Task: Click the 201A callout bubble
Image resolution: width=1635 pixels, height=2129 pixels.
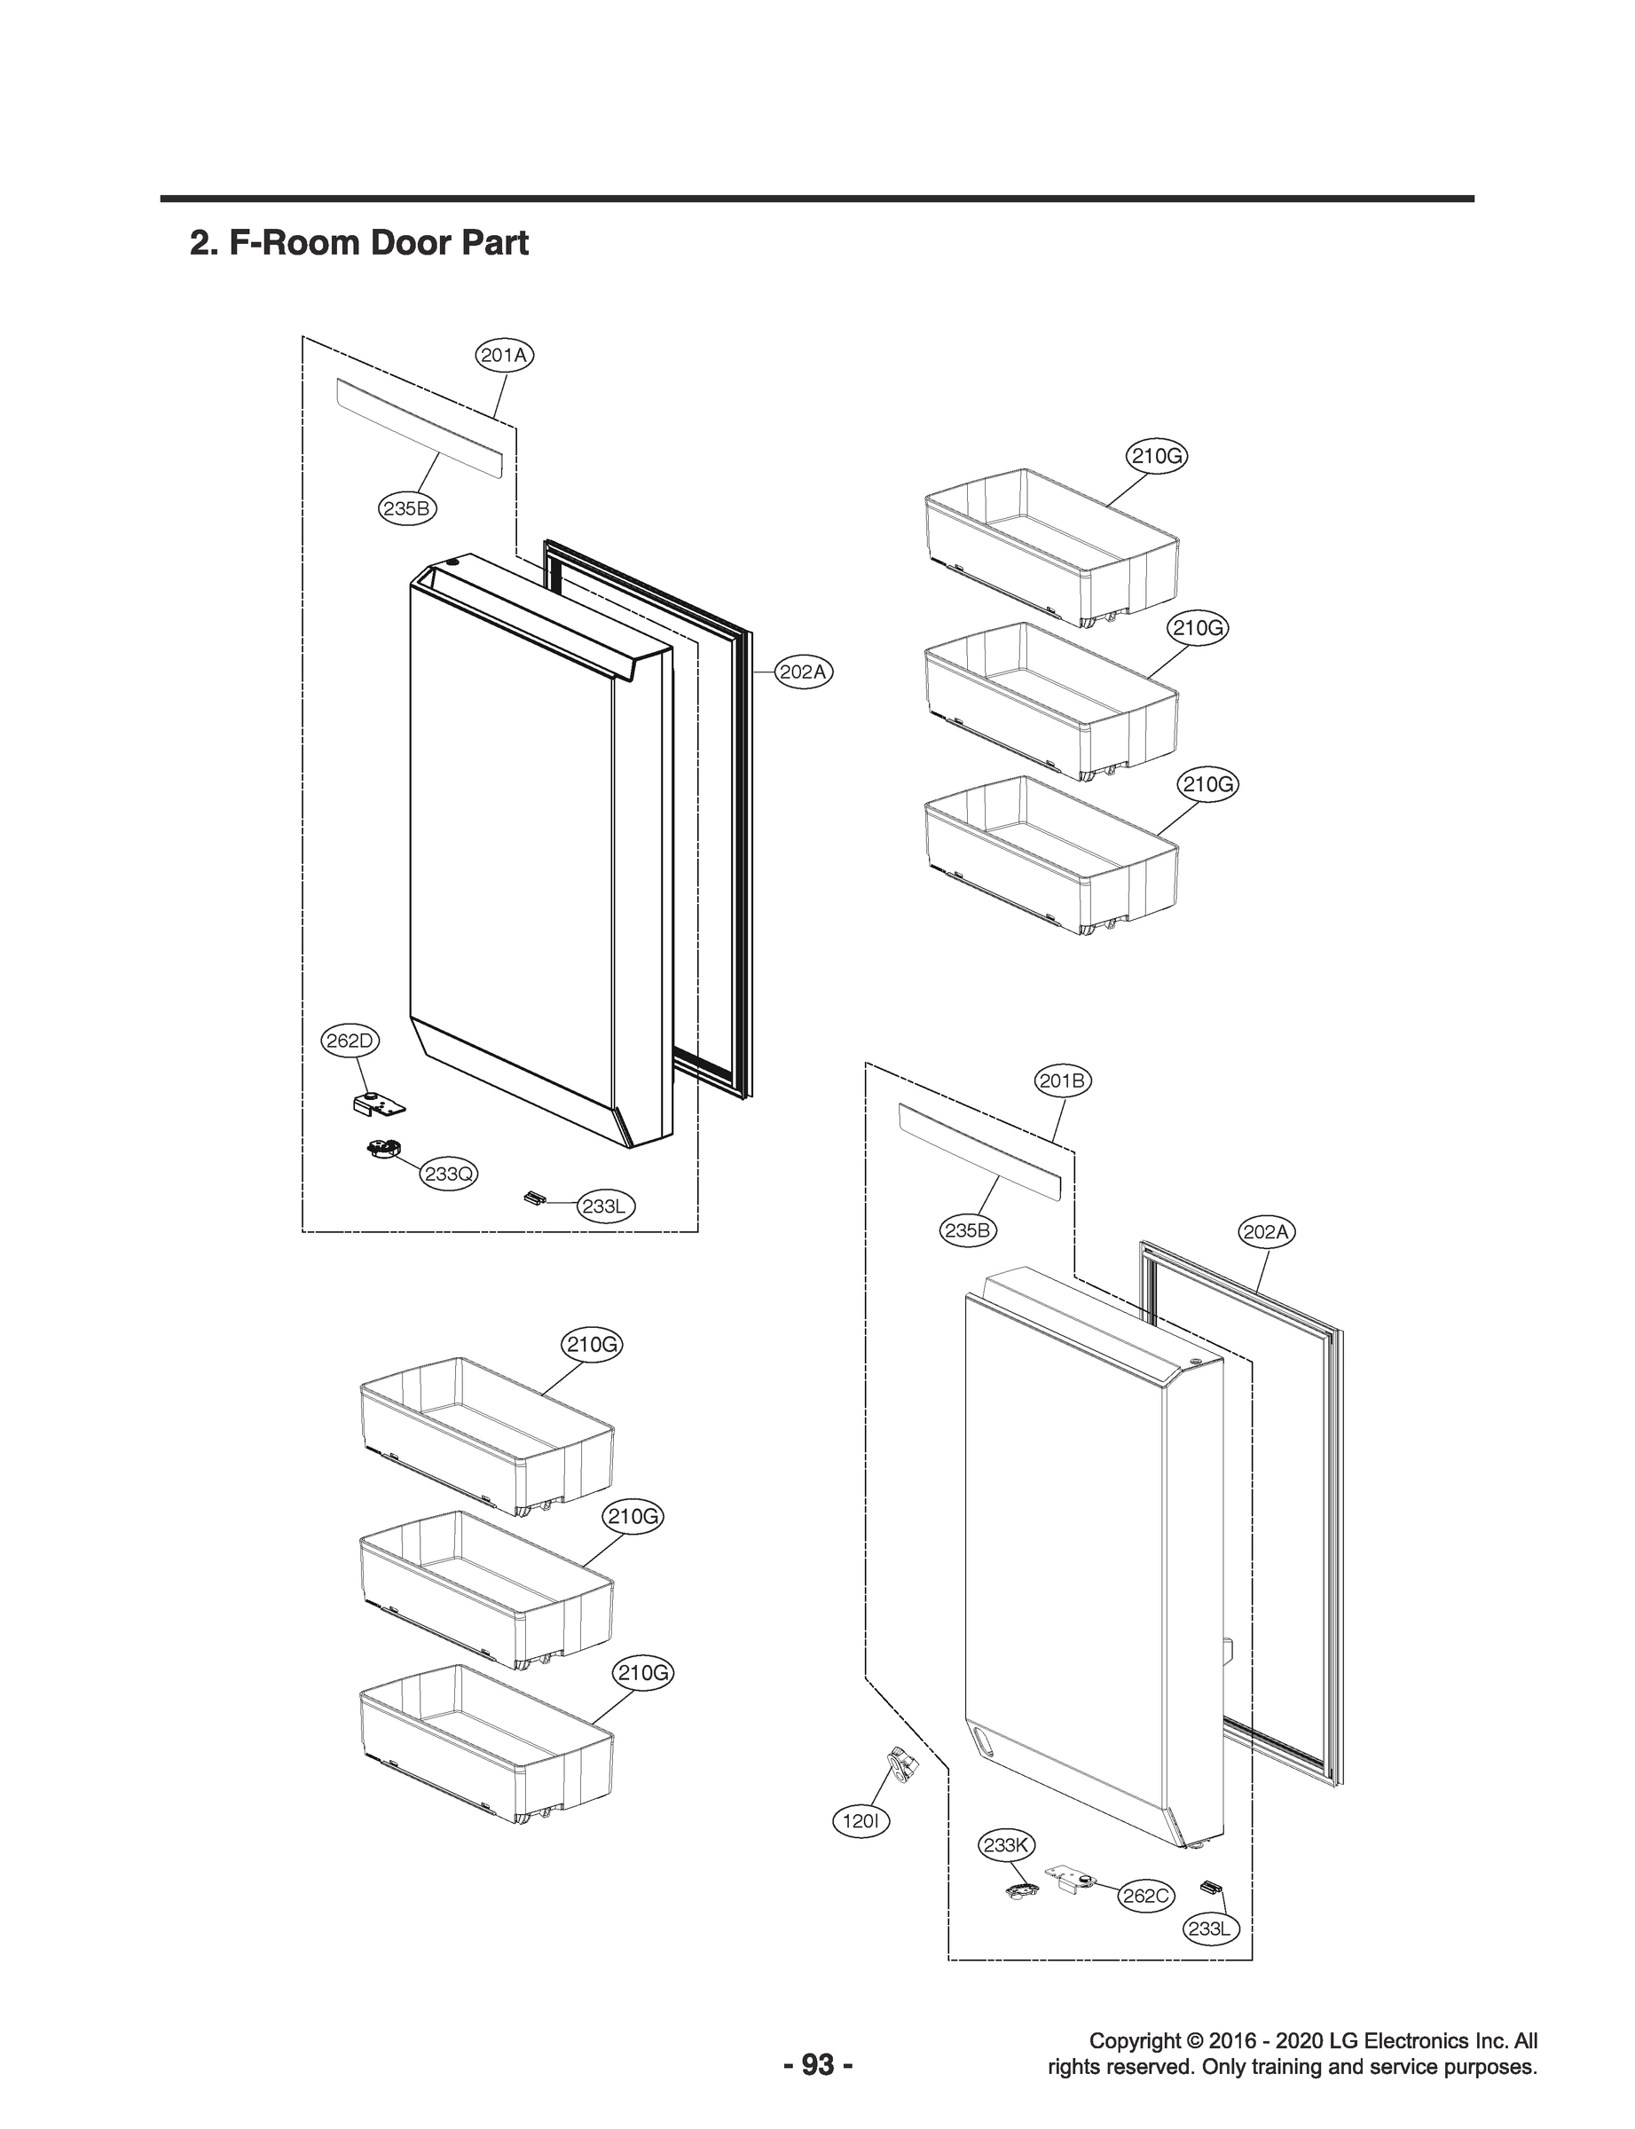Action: tap(504, 355)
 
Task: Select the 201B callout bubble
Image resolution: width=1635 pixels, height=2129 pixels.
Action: tap(1063, 1081)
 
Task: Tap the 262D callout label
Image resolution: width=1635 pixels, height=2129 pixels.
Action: tap(350, 1041)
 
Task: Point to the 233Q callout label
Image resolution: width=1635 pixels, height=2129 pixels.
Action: tap(449, 1174)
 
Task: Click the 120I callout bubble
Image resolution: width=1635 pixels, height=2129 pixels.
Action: tap(861, 1820)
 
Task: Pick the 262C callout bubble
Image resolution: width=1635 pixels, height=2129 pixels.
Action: tap(1145, 1896)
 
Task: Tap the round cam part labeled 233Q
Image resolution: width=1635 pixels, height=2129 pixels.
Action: tap(383, 1151)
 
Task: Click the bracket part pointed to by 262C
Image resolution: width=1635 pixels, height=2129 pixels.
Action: tap(1071, 1878)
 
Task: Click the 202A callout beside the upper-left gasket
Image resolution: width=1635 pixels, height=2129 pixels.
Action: tap(805, 672)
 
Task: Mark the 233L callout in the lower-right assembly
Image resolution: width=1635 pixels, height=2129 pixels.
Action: tap(1210, 1929)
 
